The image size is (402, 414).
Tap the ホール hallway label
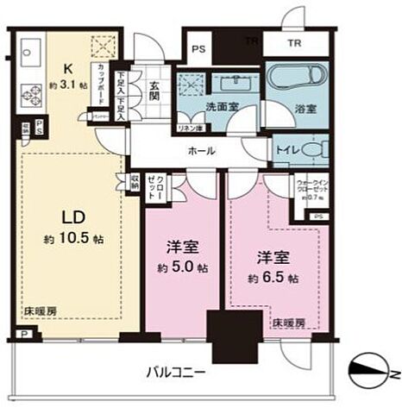[x=202, y=150]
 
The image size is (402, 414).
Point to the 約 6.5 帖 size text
[x=273, y=279]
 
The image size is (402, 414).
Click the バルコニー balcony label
[x=176, y=373]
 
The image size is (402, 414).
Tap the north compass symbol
[x=373, y=372]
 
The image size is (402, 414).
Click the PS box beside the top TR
[x=198, y=48]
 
